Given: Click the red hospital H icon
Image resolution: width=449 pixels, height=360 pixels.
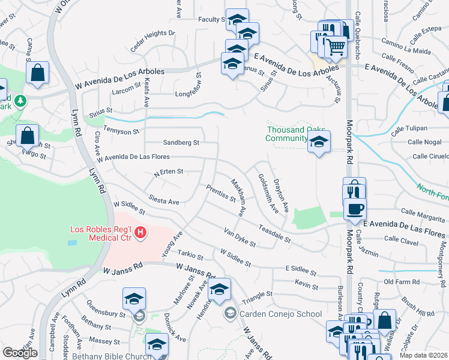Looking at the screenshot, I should click(140, 232).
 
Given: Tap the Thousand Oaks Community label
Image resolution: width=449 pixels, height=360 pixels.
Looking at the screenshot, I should click(296, 134).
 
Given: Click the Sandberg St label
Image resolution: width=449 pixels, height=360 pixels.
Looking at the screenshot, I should click(181, 143).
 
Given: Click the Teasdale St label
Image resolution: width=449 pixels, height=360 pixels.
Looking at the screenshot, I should click(275, 233).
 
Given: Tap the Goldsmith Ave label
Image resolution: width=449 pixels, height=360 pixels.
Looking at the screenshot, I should click(268, 193).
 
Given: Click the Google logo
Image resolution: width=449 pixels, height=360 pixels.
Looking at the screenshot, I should click(20, 352).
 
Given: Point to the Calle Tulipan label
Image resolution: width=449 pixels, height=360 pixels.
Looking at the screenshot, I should click(409, 128).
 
